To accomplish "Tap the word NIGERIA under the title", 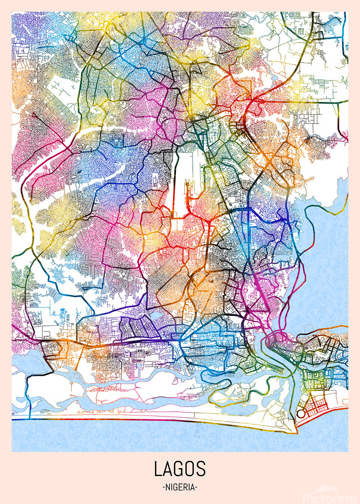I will [x=180, y=487].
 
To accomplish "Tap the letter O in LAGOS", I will [x=190, y=469].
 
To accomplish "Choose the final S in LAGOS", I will [x=202, y=469].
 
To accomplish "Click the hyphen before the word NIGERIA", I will [x=162, y=487].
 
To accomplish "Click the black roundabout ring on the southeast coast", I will [x=301, y=414].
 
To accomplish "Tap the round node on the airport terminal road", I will [x=187, y=182].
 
